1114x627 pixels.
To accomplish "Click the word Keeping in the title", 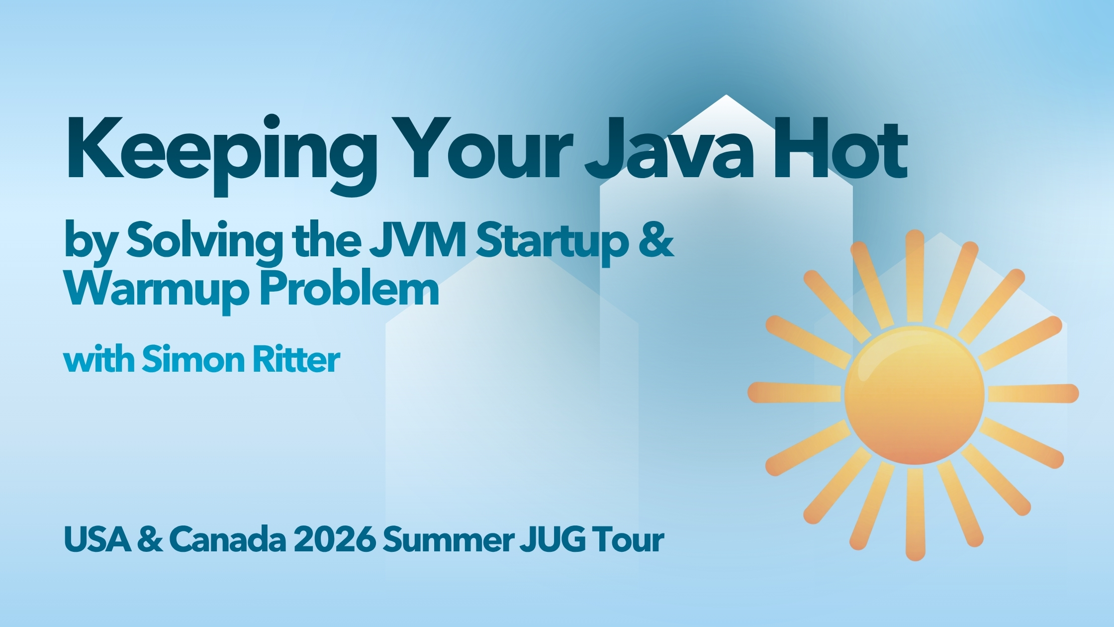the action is [221, 154].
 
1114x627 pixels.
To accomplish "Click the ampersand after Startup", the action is [656, 240].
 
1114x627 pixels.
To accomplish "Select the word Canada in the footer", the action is [228, 539].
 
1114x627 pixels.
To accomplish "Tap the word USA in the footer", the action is [97, 539].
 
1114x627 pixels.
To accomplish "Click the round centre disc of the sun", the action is [914, 396].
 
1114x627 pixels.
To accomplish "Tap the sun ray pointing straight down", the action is [916, 515].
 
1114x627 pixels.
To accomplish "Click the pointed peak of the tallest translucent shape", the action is [726, 96].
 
